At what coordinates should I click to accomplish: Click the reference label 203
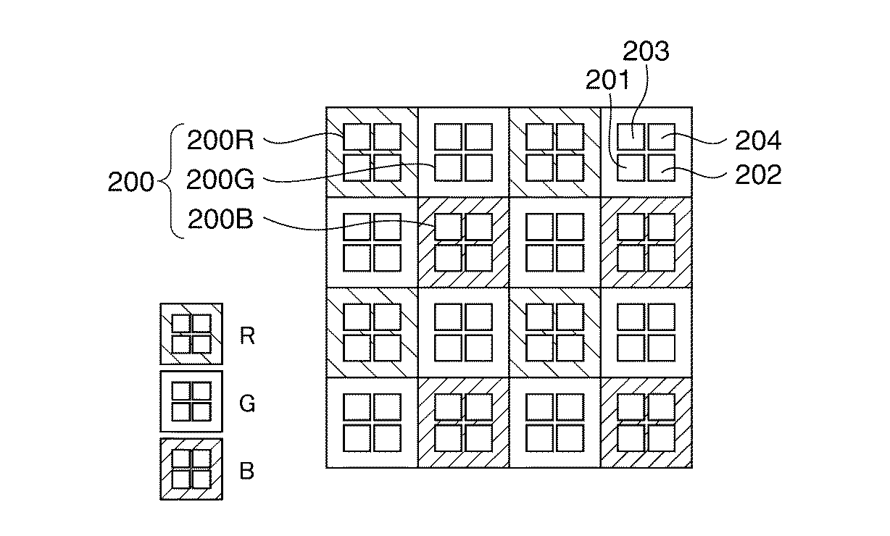(647, 51)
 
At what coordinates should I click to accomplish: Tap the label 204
(758, 141)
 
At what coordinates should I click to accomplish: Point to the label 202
(758, 175)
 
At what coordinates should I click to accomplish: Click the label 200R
(220, 141)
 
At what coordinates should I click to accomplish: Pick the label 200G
(220, 179)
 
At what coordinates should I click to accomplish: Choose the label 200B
(220, 219)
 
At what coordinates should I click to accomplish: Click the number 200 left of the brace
(130, 182)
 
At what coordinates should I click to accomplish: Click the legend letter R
(247, 336)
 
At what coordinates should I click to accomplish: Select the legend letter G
(247, 403)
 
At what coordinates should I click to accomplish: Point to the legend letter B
(247, 471)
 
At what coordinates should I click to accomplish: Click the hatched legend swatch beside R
(191, 334)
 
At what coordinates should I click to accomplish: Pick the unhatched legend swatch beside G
(191, 402)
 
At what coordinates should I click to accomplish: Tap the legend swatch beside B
(191, 469)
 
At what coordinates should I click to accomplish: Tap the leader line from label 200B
(348, 228)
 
